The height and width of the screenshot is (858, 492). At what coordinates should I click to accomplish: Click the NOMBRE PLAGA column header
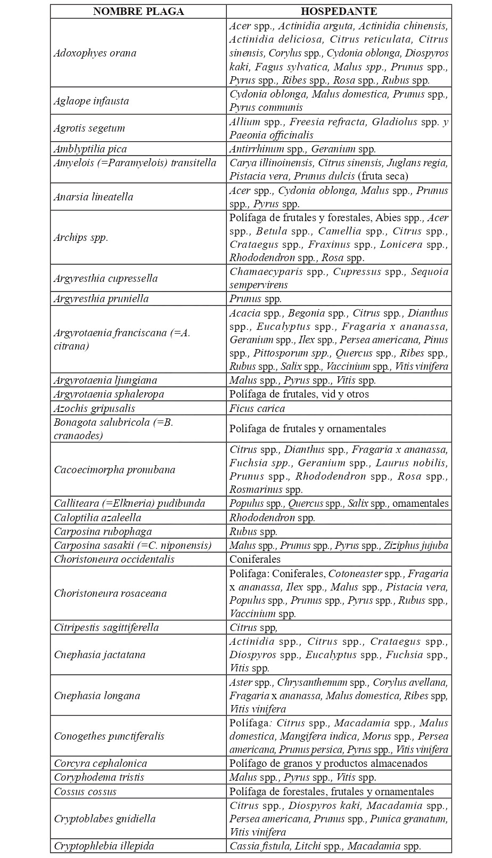pos(138,12)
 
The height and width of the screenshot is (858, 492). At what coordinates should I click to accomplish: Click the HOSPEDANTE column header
pos(339,12)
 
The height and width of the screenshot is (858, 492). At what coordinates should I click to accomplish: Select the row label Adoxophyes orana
pos(95,53)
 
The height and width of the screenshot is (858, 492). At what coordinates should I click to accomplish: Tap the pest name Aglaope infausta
pos(91,101)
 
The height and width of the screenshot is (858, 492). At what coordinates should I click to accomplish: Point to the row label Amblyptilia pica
pos(90,149)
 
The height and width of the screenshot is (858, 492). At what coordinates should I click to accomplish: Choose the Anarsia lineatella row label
pos(93,197)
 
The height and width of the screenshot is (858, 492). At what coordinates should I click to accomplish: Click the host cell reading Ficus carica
pos(257,409)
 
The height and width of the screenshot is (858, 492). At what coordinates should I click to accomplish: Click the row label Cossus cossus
pos(85,791)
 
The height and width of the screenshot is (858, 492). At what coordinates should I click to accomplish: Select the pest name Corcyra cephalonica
pos(100,763)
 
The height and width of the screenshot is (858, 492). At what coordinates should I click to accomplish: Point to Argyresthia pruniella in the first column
pos(101,298)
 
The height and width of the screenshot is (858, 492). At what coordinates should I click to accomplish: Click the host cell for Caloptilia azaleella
pos(272,517)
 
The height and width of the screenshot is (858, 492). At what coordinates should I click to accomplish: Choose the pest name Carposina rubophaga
pos(103,531)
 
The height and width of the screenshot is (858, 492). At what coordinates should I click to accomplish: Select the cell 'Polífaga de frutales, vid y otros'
pos(299,394)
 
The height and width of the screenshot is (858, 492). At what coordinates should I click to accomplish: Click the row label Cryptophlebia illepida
pos(104,846)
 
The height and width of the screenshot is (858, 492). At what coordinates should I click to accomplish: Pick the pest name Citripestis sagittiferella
pos(106,627)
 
